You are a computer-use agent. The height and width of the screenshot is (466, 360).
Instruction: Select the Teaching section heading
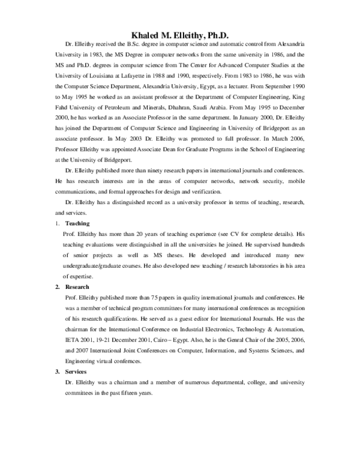point(77,223)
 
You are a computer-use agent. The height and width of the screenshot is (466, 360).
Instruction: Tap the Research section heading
point(78,287)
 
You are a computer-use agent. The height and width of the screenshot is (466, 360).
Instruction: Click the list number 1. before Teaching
point(56,223)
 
